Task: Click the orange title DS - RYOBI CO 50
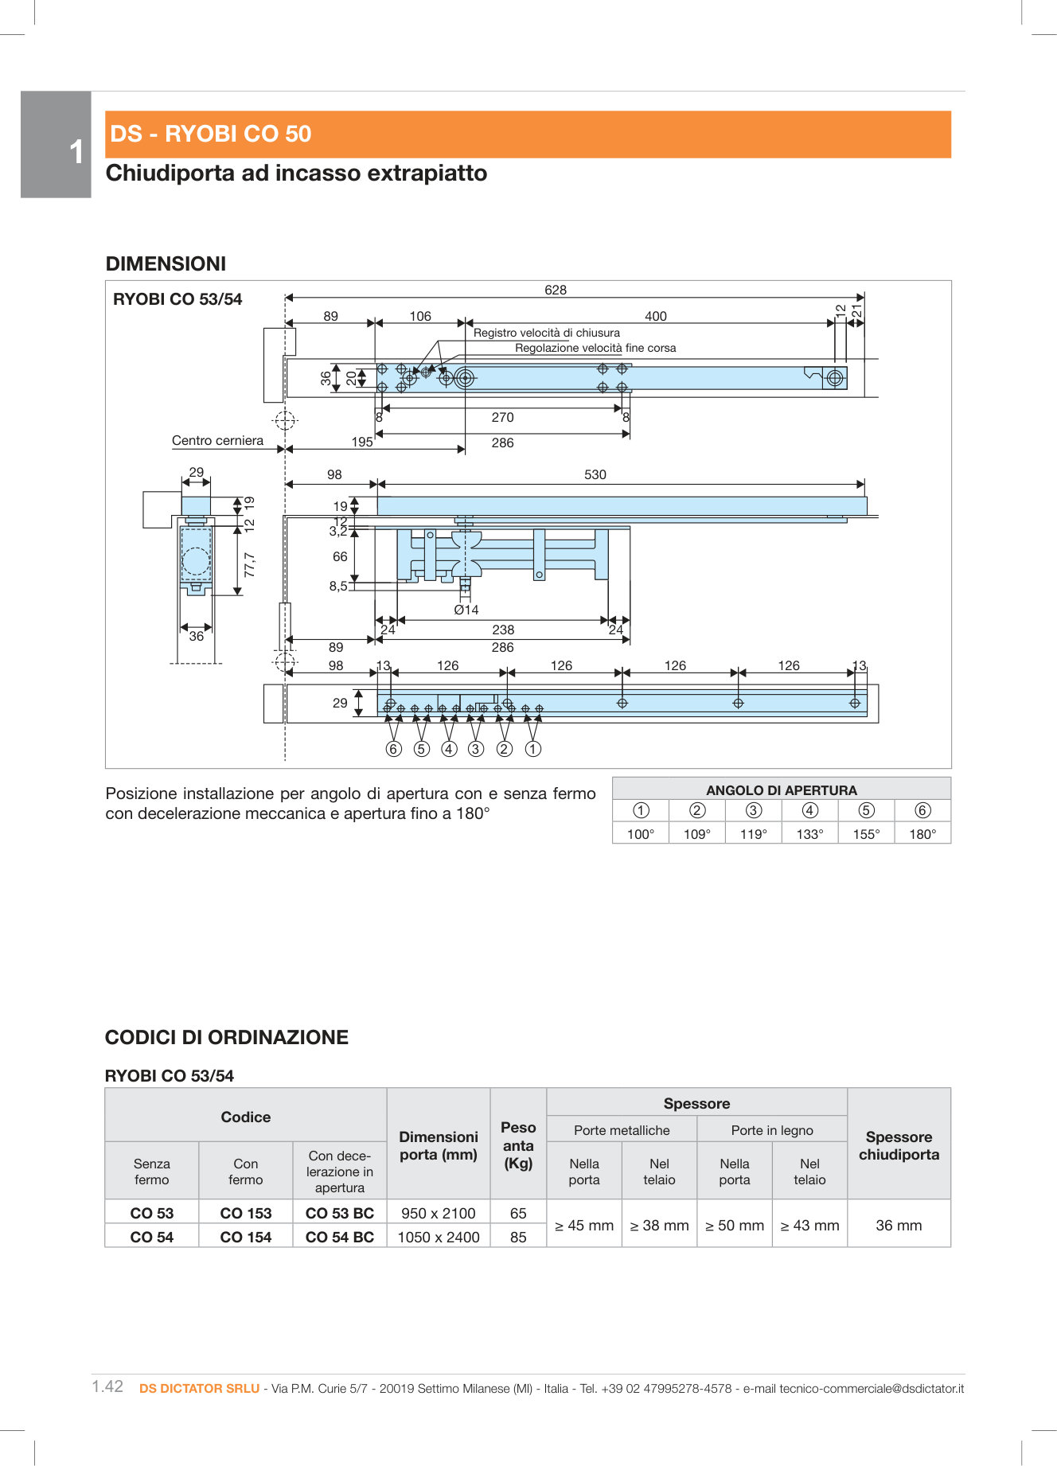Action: click(211, 134)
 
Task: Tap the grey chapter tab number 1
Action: click(76, 152)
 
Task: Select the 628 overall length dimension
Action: click(556, 290)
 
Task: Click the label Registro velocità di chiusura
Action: click(546, 333)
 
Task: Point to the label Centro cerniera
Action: click(217, 440)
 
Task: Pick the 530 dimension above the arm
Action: click(595, 474)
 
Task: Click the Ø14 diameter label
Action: click(466, 610)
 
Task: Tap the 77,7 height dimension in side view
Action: click(250, 564)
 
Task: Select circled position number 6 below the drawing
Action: click(393, 749)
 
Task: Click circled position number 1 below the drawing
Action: click(533, 749)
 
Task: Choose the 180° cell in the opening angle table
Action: click(922, 834)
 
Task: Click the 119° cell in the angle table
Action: click(753, 834)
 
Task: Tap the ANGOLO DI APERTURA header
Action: click(781, 790)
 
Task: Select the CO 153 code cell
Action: click(246, 1213)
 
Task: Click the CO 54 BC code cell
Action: click(340, 1237)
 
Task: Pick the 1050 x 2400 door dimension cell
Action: click(439, 1237)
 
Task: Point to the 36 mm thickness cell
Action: click(899, 1225)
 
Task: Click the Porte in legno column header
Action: click(772, 1130)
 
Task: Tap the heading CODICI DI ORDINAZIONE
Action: click(227, 1037)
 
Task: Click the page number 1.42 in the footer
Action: click(107, 1386)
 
